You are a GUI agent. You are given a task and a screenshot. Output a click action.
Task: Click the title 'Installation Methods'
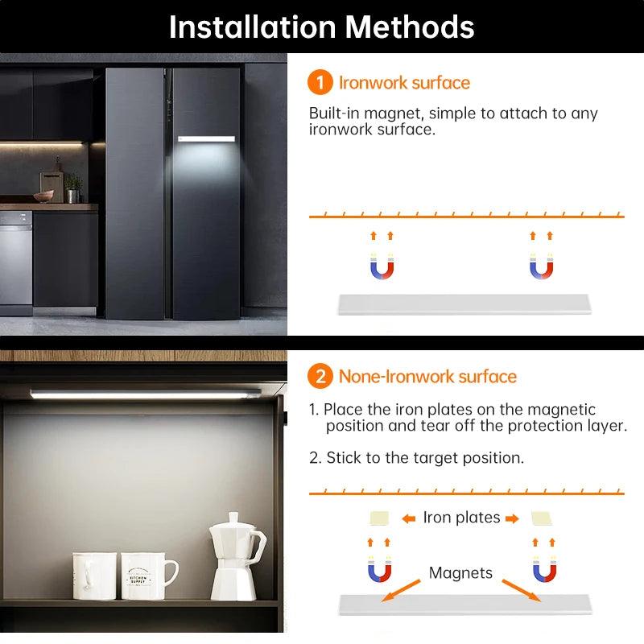[x=322, y=27]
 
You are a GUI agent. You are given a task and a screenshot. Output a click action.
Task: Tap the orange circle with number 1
[x=320, y=83]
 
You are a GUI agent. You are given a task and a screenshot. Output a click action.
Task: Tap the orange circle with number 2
[x=320, y=376]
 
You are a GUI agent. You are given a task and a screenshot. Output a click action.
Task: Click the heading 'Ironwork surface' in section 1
[x=404, y=83]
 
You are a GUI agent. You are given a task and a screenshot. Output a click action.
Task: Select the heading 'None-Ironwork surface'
[x=427, y=376]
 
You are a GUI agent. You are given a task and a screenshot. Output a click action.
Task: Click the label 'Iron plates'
[x=461, y=518]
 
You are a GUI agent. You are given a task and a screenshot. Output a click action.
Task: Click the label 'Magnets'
[x=460, y=573]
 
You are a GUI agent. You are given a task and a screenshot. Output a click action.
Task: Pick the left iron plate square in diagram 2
[x=378, y=518]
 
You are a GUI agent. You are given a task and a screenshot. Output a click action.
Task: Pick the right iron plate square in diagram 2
[x=541, y=518]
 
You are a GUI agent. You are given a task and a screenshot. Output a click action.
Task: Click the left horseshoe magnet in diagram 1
[x=382, y=266]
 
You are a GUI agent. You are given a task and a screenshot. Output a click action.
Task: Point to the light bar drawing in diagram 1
[x=463, y=303]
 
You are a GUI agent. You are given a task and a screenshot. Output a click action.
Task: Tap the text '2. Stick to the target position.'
[x=416, y=458]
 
